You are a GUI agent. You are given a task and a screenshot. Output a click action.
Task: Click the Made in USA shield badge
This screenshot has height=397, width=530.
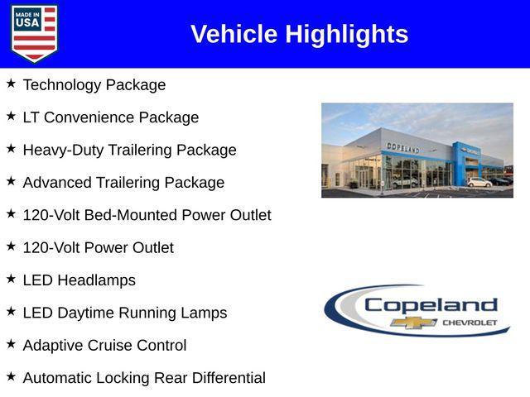click(x=34, y=33)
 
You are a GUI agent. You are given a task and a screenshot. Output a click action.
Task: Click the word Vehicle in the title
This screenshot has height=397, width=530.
click(x=234, y=34)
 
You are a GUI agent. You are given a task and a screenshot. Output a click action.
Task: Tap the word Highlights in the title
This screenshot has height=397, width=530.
click(x=347, y=34)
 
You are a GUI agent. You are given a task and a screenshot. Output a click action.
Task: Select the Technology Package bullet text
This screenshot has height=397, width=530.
click(x=94, y=85)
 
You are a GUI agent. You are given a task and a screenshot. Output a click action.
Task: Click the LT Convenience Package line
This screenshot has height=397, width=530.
click(x=111, y=117)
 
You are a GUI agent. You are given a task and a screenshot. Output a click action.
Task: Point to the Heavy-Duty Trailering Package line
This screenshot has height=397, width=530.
click(x=129, y=150)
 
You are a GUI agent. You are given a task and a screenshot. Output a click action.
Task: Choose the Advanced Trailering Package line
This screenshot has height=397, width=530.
click(x=123, y=183)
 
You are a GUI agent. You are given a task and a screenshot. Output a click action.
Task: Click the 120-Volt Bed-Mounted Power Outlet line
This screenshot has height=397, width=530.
click(x=147, y=215)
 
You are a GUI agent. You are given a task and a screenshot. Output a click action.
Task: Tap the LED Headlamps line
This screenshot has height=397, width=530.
click(x=79, y=280)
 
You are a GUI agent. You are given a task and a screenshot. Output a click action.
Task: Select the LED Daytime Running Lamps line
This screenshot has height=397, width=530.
click(x=124, y=313)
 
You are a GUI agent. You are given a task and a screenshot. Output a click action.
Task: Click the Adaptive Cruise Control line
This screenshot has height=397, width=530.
click(x=104, y=346)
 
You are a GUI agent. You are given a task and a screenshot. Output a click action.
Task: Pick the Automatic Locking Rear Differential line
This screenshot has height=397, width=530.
click(x=144, y=378)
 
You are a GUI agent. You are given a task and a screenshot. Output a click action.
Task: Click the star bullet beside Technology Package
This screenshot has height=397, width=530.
click(x=11, y=84)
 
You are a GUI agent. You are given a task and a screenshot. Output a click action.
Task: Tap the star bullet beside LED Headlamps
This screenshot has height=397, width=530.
click(x=11, y=279)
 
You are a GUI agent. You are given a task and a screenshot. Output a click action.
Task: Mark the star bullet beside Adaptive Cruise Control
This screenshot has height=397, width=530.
click(x=11, y=344)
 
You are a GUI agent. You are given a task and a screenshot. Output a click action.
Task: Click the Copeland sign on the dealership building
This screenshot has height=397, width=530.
click(x=402, y=148)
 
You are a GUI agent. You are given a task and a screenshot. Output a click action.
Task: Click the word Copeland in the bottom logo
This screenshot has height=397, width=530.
click(x=431, y=304)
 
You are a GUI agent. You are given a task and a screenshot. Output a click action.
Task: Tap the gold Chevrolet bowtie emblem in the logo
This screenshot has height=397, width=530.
click(x=414, y=323)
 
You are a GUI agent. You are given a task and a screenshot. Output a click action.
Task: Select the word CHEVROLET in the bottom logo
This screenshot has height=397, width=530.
click(x=470, y=322)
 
